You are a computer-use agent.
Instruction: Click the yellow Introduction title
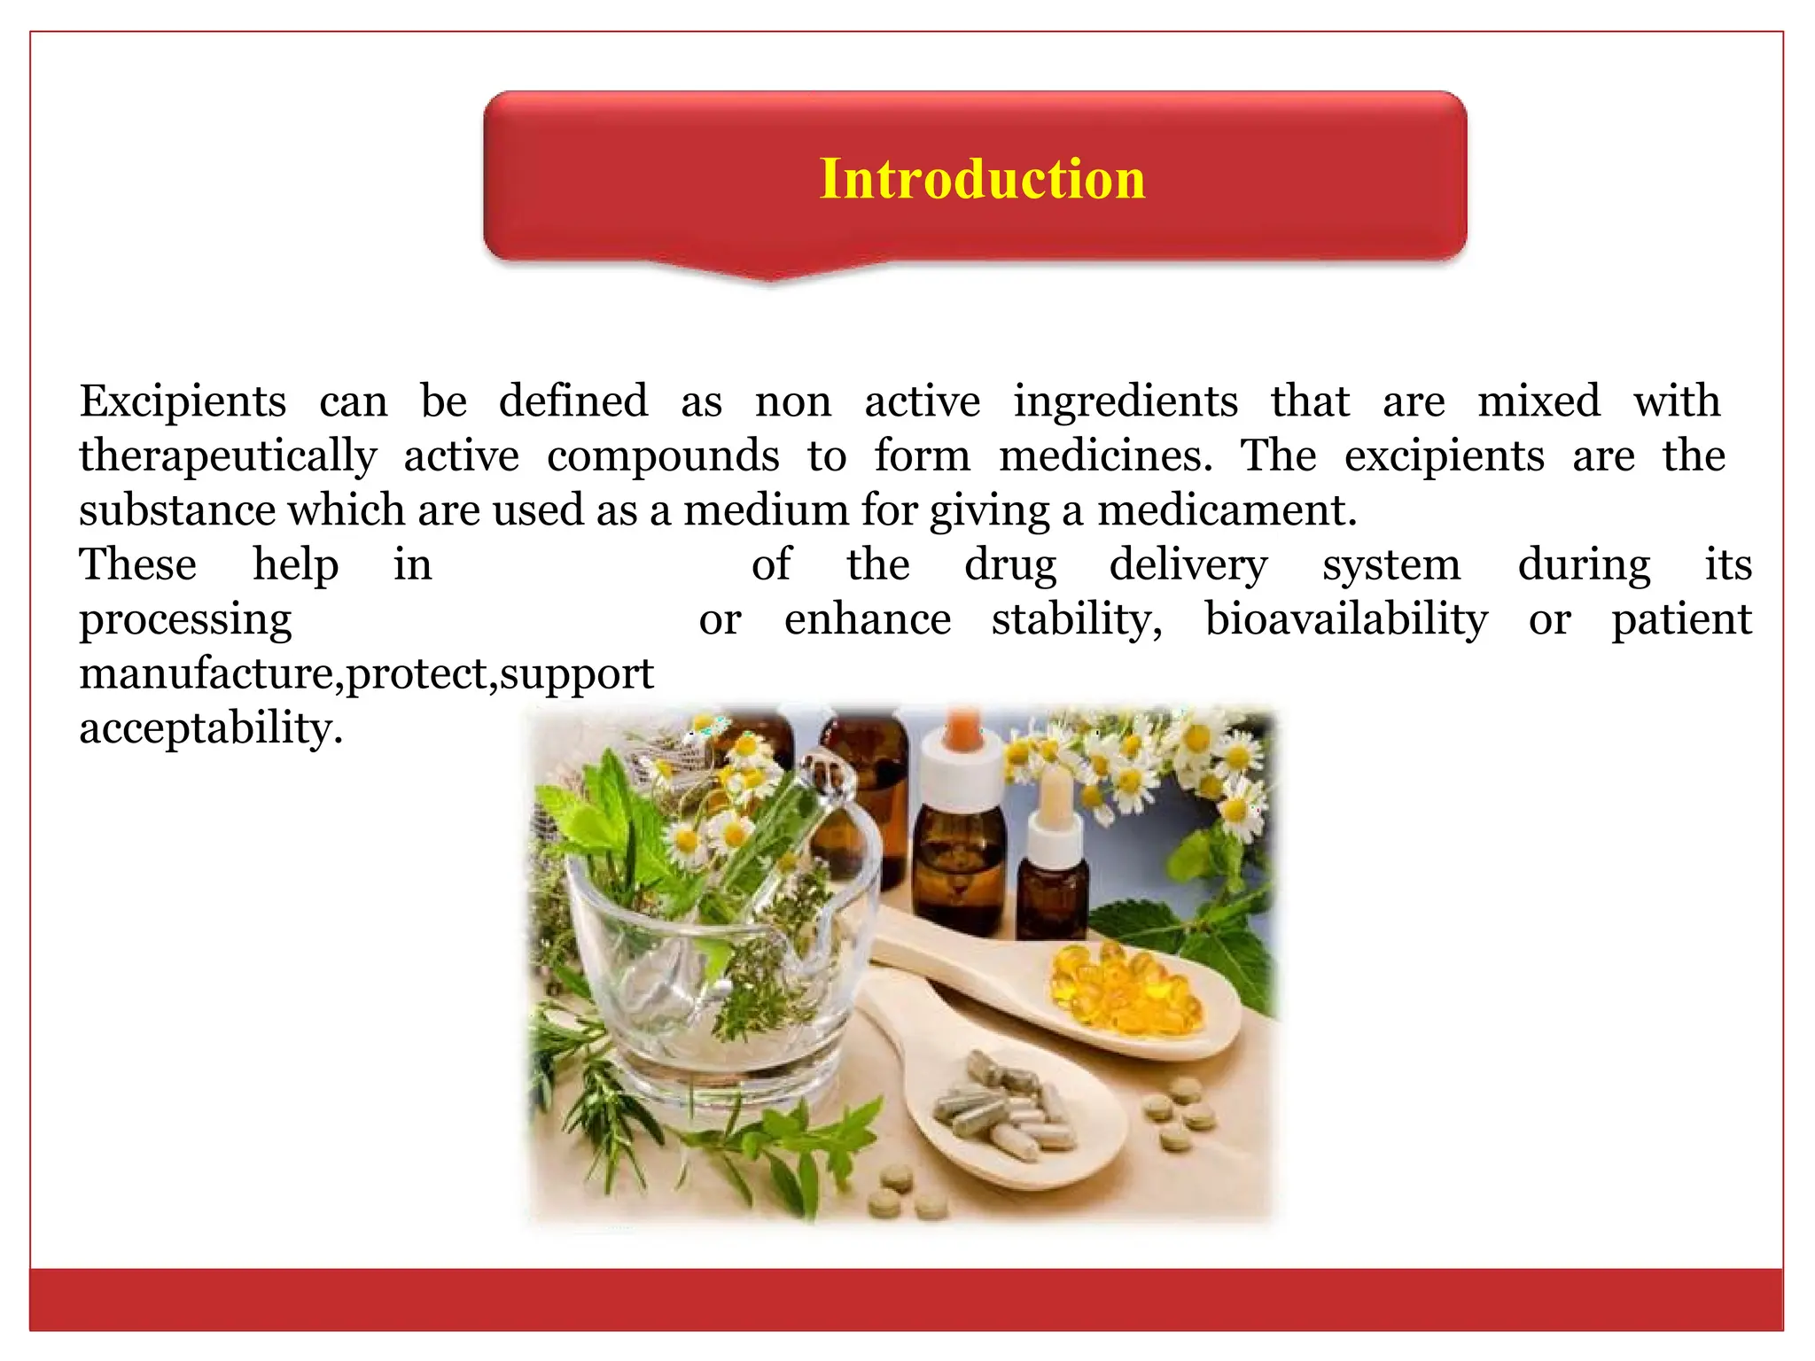(982, 179)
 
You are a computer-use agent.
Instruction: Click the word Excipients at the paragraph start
(183, 401)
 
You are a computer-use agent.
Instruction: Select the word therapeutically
(228, 456)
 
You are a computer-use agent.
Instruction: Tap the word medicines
(1105, 456)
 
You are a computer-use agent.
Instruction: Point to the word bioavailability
(1346, 619)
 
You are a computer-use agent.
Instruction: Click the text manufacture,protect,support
(366, 674)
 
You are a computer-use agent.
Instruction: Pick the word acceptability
(210, 728)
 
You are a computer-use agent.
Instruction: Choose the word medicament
(1227, 510)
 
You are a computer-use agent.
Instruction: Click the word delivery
(1188, 565)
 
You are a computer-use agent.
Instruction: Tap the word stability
(1077, 619)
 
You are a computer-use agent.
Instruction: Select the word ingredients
(1126, 401)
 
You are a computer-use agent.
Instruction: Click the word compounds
(663, 456)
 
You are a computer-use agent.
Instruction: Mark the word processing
(185, 619)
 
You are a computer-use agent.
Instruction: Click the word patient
(1681, 619)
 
